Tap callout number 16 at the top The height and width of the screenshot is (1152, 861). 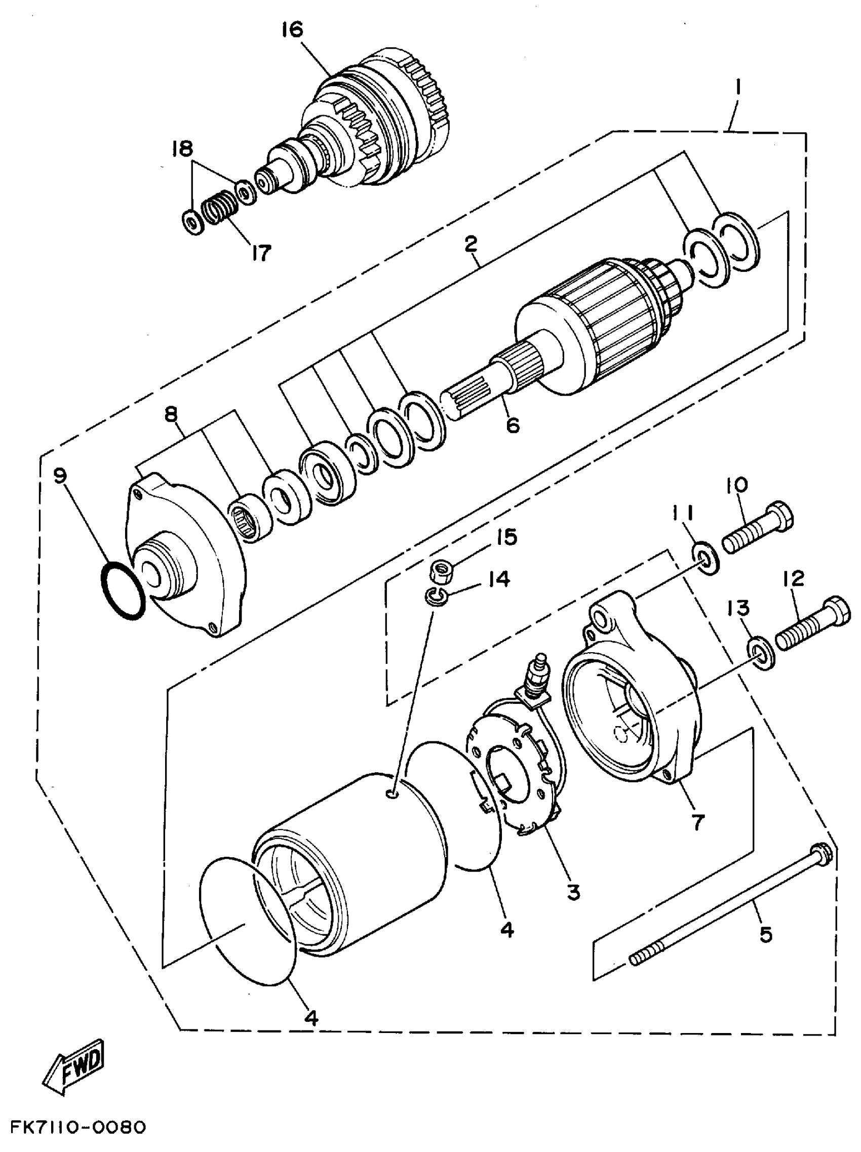tap(292, 30)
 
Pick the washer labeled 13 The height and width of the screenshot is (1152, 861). tap(761, 652)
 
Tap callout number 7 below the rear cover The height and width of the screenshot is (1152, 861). tap(697, 821)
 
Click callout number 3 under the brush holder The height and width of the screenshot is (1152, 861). tap(573, 892)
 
